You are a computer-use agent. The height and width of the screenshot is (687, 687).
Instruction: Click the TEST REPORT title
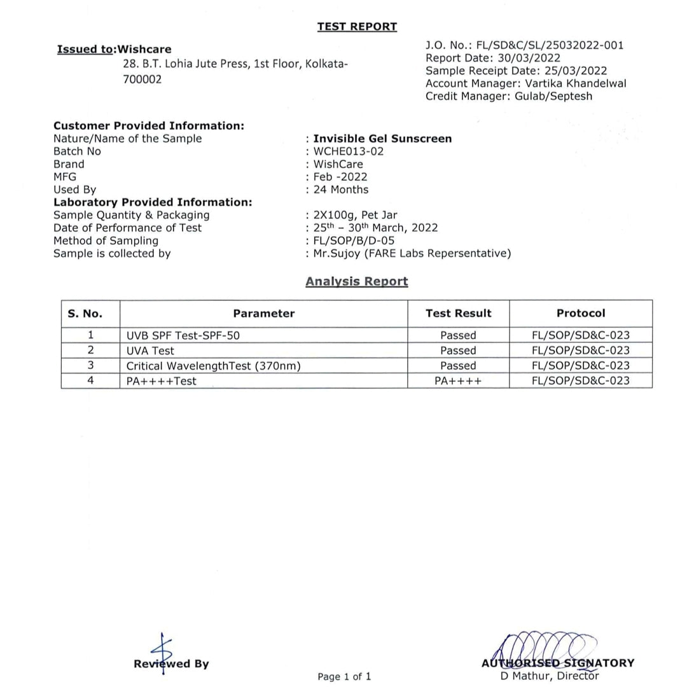(357, 27)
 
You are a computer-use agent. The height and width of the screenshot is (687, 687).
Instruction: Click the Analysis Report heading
(356, 281)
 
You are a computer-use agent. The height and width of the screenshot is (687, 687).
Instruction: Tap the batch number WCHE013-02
(348, 151)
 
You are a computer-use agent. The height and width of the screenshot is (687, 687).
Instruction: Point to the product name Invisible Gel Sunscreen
(382, 139)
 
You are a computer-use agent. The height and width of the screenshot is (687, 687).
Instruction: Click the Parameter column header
(263, 313)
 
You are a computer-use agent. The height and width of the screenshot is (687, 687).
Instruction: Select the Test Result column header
(458, 313)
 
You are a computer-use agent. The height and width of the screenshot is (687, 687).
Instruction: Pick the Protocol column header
(580, 313)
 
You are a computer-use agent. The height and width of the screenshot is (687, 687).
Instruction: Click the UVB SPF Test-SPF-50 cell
(183, 335)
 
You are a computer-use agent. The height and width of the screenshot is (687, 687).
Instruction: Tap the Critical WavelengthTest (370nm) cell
(213, 366)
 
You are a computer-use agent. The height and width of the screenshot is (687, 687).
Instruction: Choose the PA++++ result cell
(458, 381)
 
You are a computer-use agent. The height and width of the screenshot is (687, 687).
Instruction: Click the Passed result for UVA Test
(458, 350)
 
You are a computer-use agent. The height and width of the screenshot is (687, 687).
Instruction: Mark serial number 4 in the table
(90, 380)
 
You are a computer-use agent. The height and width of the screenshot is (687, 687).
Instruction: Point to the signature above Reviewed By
(163, 650)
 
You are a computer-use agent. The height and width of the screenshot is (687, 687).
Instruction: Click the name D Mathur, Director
(549, 676)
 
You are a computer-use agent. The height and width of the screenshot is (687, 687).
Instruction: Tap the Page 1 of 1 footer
(343, 676)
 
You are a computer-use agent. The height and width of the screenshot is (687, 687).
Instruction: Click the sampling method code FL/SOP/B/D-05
(354, 240)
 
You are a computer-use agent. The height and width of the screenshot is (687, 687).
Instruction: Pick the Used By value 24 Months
(340, 190)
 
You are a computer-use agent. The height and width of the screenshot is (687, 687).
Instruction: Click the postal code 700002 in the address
(142, 80)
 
